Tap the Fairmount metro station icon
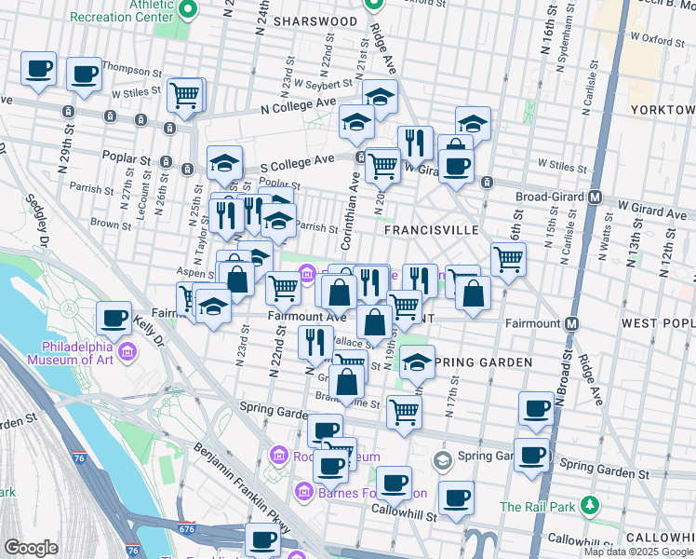click(x=571, y=323)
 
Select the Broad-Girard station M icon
click(x=596, y=198)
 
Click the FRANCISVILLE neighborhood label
click(x=431, y=228)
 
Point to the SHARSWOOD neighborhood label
click(x=315, y=20)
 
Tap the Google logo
click(x=31, y=548)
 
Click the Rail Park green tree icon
click(x=589, y=506)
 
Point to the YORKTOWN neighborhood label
click(x=662, y=110)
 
